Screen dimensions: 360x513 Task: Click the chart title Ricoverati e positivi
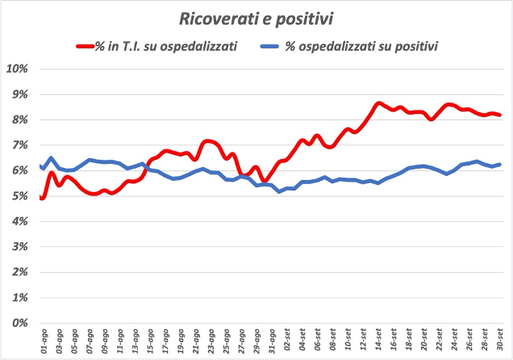(x=256, y=16)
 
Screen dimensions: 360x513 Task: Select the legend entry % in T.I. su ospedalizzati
(x=166, y=47)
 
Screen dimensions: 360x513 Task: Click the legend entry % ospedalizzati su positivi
(x=362, y=47)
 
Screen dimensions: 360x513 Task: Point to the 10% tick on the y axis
(x=17, y=69)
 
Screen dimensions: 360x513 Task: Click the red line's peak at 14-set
(x=378, y=103)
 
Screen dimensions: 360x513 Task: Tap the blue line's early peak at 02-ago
(x=51, y=158)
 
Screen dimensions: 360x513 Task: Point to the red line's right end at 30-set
(x=501, y=115)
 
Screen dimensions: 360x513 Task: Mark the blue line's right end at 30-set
(x=501, y=165)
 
